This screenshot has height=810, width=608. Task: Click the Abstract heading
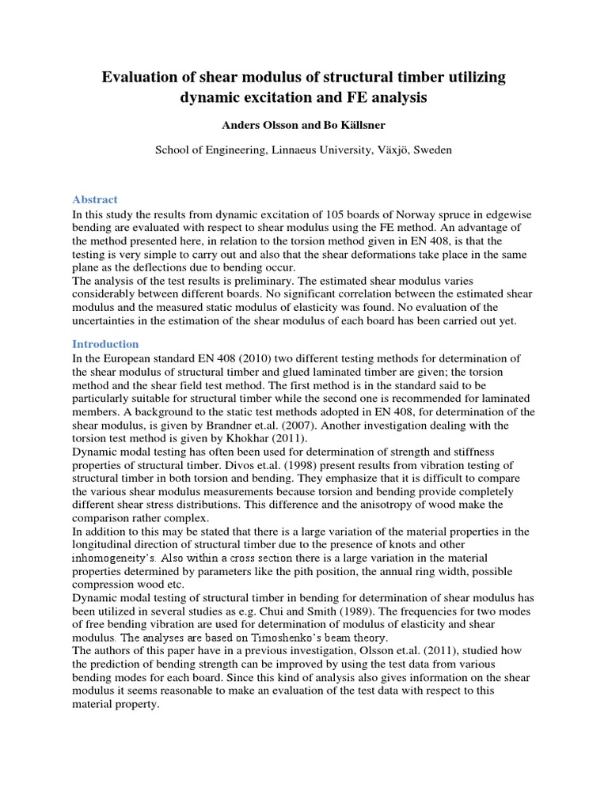pyautogui.click(x=95, y=199)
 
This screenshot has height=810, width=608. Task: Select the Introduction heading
pyautogui.click(x=105, y=344)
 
